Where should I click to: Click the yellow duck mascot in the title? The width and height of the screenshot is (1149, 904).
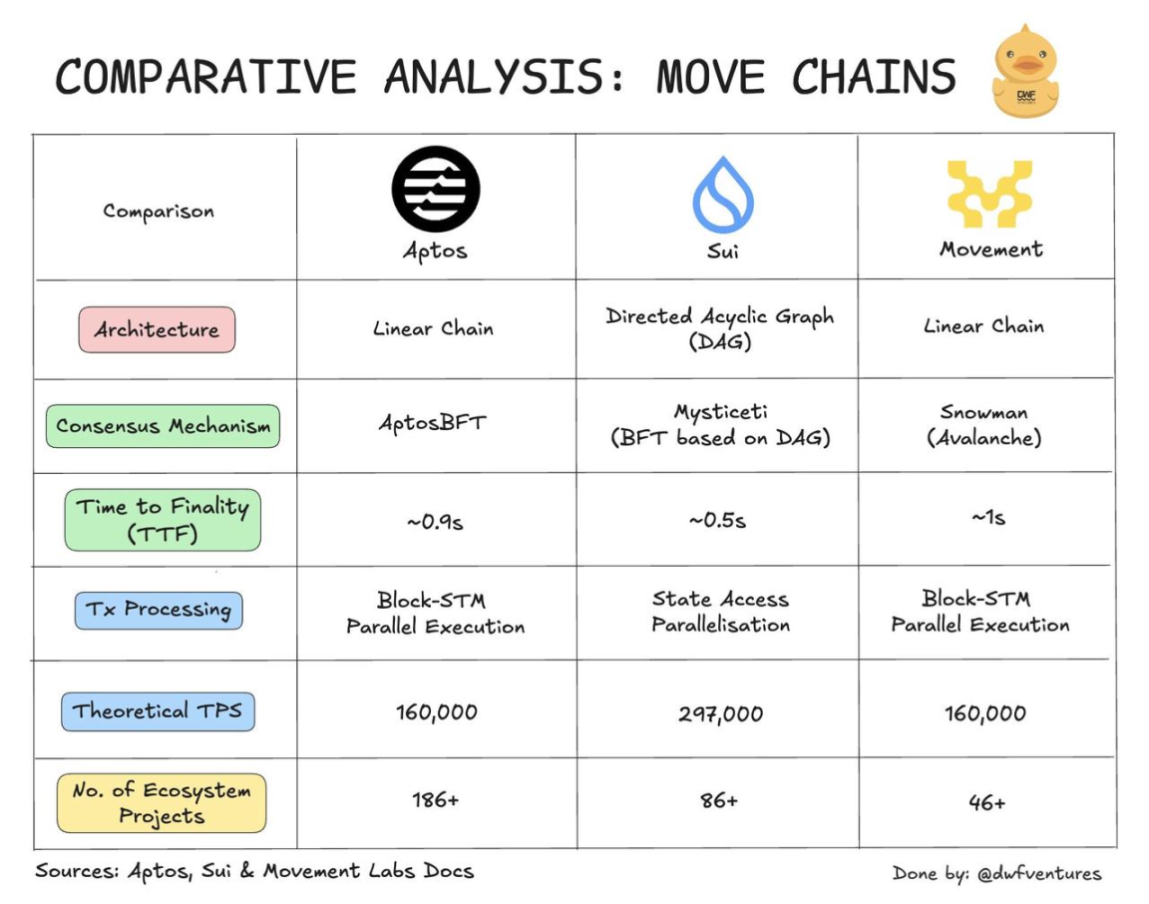point(1025,72)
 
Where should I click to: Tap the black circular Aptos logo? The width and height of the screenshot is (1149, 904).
point(436,189)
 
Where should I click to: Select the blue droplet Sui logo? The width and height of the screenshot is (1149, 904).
point(722,195)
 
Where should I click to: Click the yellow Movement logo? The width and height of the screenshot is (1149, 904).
point(988,194)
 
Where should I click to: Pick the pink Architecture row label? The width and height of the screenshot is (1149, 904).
point(157,329)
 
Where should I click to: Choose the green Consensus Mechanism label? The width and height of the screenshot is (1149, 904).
point(163,426)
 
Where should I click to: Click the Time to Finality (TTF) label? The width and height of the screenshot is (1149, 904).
point(163,520)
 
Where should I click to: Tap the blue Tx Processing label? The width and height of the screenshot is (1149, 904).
point(159,610)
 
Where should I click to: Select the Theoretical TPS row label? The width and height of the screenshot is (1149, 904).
point(158,711)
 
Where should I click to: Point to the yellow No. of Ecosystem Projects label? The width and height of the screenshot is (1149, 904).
point(162,803)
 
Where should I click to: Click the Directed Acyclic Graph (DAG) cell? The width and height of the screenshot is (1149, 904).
point(719,328)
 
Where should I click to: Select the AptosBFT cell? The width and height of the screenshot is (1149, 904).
point(432,422)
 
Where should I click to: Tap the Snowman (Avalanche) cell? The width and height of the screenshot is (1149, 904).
point(984,424)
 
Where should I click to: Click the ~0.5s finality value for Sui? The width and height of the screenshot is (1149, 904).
point(717,520)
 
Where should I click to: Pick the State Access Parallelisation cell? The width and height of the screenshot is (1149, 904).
point(720,612)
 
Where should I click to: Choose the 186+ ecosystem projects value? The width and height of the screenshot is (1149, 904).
point(435,799)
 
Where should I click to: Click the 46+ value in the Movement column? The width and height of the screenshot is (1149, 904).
point(986,801)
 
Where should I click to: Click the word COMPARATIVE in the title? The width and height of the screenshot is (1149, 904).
point(204,77)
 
